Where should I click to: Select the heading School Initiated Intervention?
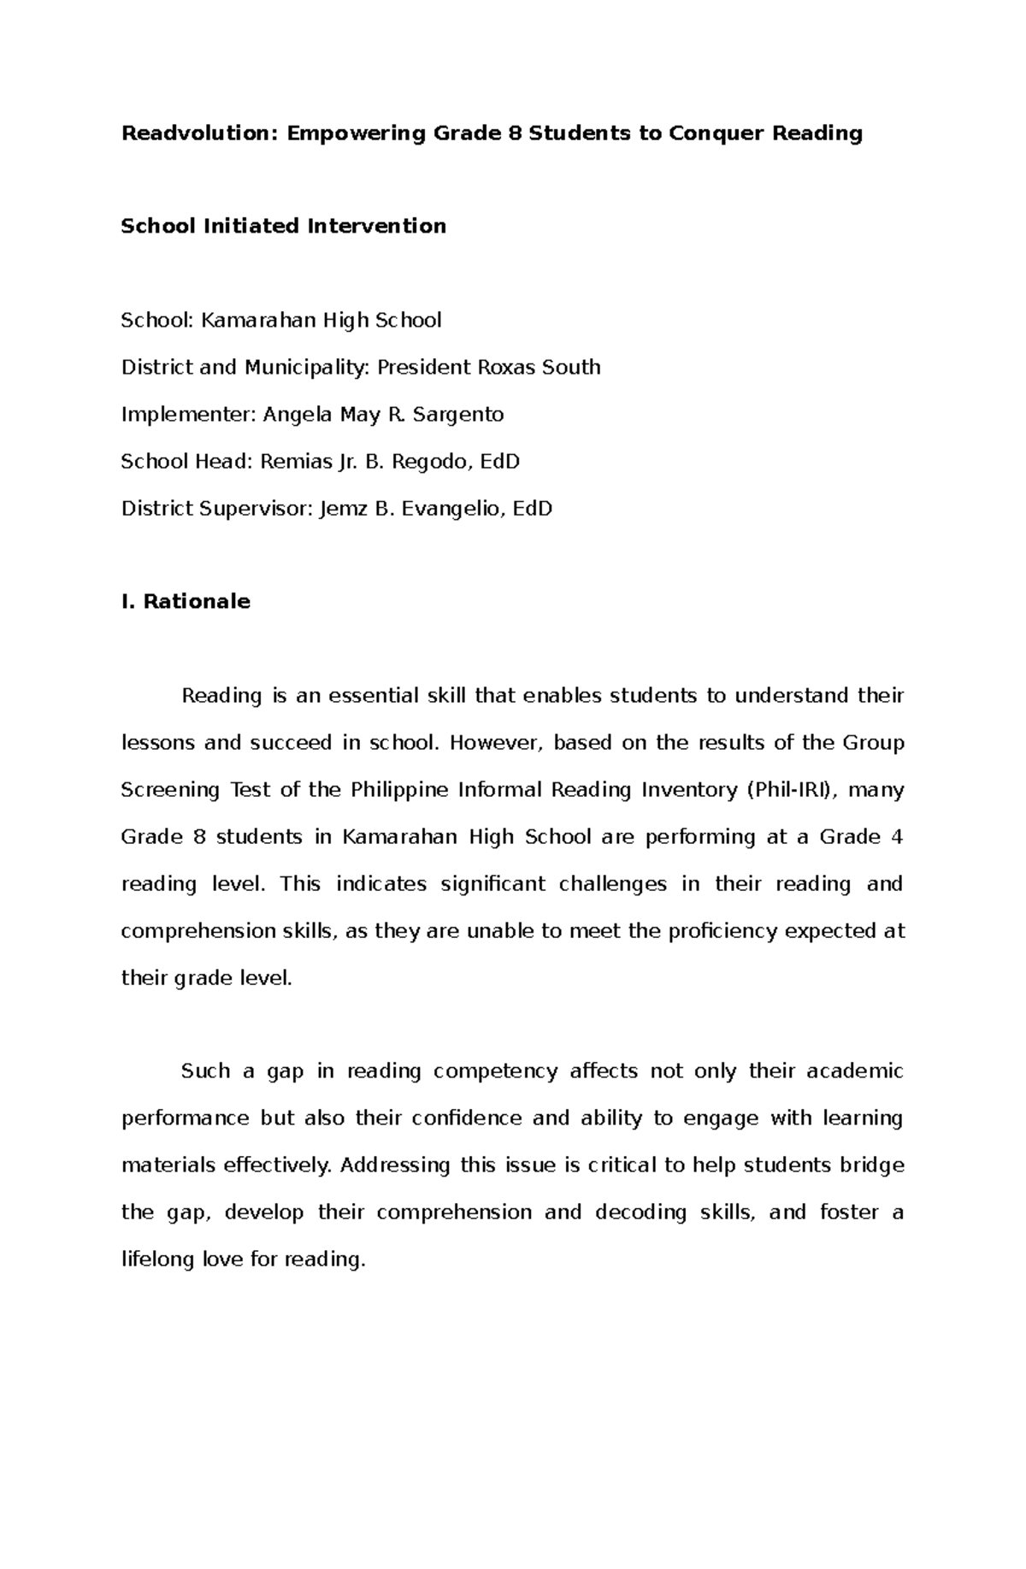pyautogui.click(x=283, y=227)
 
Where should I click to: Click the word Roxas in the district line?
pyautogui.click(x=494, y=368)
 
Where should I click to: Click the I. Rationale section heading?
pyautogui.click(x=186, y=602)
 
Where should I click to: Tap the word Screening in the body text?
pyautogui.click(x=170, y=790)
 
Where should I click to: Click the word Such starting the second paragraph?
pyautogui.click(x=205, y=1071)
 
